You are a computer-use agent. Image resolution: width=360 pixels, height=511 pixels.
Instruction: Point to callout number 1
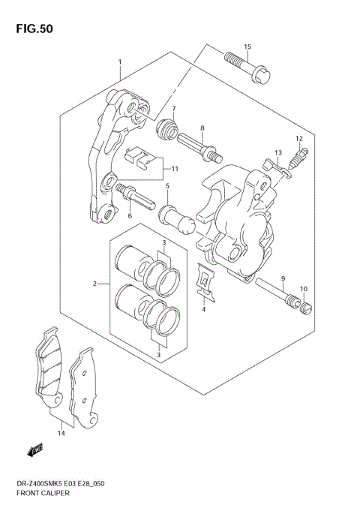[118, 62]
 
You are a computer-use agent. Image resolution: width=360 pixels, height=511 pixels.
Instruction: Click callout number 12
[298, 138]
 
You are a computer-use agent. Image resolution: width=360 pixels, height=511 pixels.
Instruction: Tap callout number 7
[173, 110]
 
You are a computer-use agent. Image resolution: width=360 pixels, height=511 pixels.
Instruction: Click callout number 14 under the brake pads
[60, 433]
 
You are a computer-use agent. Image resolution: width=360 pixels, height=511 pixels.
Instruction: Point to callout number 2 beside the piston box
[95, 284]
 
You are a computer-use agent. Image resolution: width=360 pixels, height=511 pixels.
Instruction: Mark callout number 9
[283, 278]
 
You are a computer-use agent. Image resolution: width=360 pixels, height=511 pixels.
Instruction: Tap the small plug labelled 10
[304, 307]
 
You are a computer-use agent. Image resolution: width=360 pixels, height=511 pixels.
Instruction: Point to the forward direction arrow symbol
[34, 450]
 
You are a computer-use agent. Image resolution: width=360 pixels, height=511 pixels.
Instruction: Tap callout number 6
[129, 216]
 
